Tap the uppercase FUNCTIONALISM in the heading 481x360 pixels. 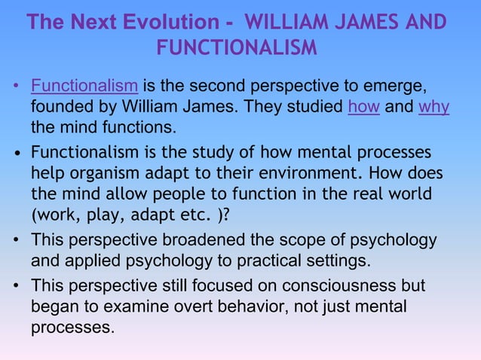pos(237,47)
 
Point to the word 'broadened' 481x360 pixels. pos(207,242)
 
